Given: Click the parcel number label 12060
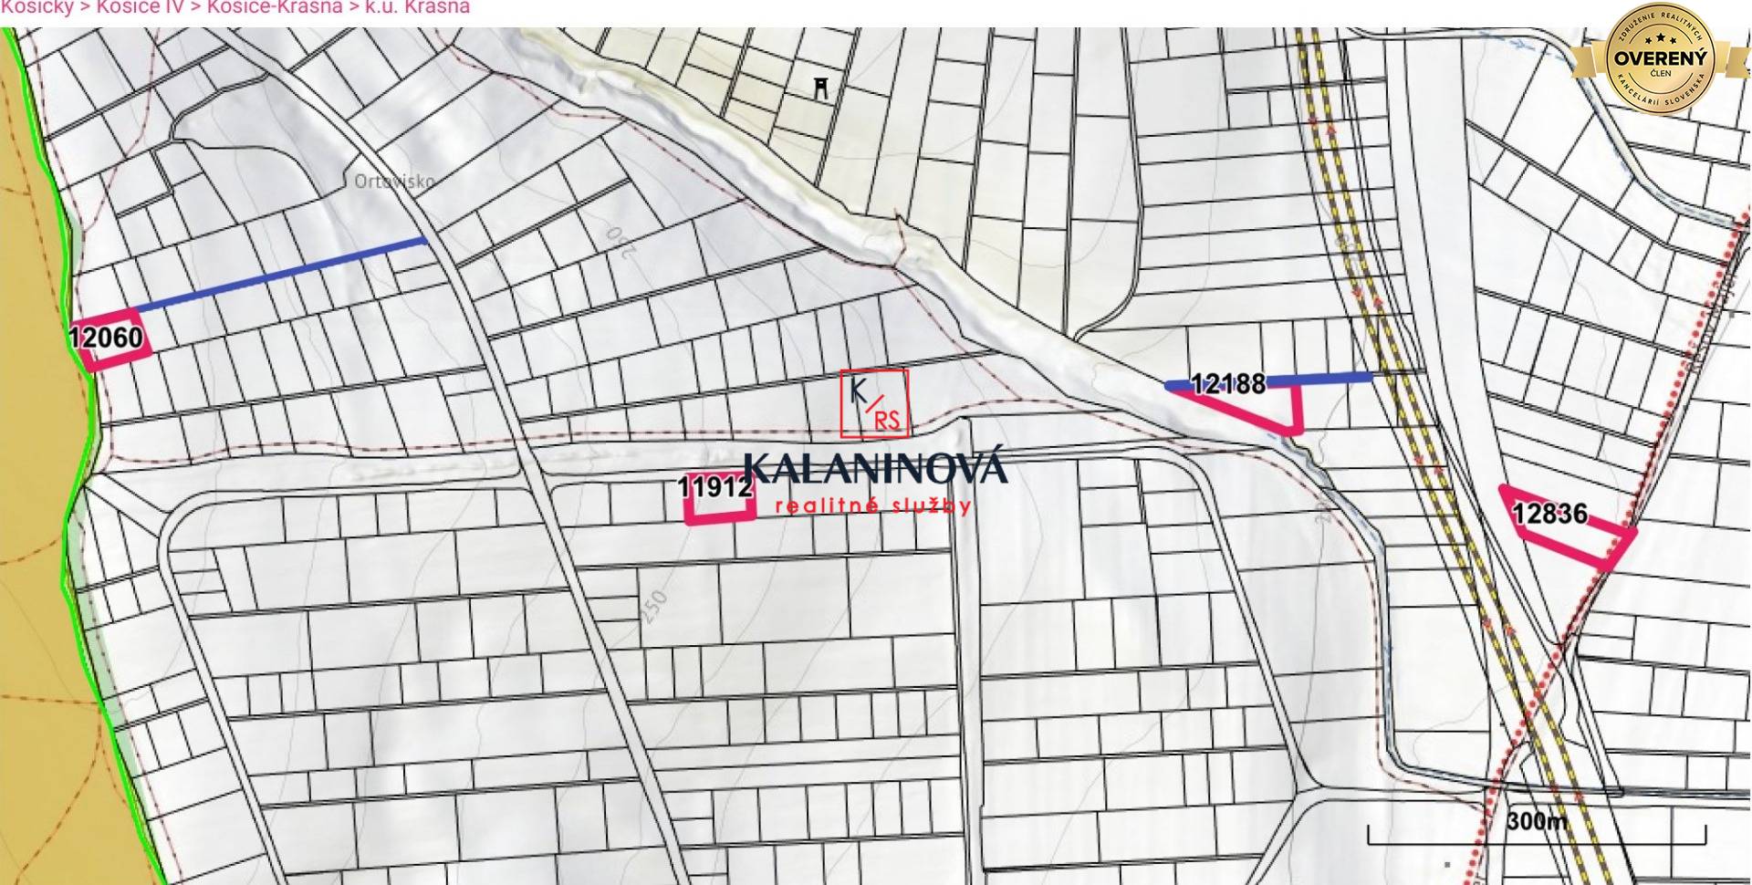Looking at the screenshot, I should point(106,338).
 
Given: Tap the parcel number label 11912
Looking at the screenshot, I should point(715,487).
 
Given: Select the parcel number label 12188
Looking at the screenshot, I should point(1228,384).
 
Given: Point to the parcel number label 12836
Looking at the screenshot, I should point(1549,515).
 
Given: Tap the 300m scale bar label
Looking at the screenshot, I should point(1537,821).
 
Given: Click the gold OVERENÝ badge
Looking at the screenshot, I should point(1660,58).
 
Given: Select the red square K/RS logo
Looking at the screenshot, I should point(874,403).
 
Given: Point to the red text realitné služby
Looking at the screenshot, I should point(872,506).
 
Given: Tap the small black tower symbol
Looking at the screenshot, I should point(822,88).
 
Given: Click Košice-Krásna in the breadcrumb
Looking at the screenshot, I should point(274,7).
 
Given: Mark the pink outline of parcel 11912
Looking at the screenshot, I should point(720,520).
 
